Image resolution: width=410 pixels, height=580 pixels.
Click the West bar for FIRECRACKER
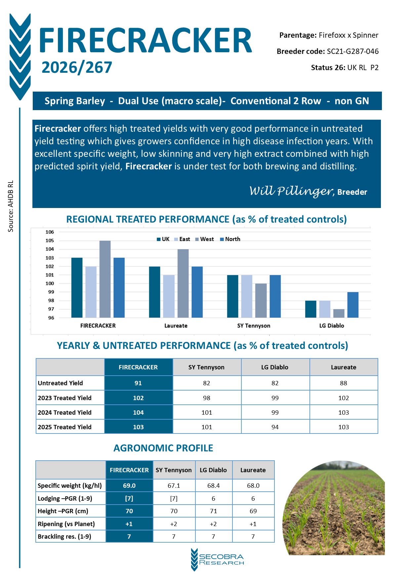105,279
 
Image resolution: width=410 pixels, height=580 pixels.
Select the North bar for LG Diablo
353,305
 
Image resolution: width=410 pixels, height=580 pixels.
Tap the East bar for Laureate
169,296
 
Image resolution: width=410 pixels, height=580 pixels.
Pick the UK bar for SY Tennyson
232,296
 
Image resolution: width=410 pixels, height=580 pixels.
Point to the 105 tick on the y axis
50,241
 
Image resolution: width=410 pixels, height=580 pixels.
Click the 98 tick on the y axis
51,301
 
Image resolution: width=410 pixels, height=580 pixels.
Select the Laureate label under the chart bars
176,326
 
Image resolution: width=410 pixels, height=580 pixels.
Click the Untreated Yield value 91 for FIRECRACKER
138,383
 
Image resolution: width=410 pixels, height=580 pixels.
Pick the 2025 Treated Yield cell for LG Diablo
275,427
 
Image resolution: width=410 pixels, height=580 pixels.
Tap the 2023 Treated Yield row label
65,398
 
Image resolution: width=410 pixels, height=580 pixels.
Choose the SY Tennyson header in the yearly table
206,367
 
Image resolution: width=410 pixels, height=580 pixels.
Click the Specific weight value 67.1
174,485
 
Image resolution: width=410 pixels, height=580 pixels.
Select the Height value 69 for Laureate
253,511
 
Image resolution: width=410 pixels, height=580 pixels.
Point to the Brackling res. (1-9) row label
64,536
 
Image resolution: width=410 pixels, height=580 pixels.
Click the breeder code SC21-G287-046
352,52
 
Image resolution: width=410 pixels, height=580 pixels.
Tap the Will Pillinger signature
291,191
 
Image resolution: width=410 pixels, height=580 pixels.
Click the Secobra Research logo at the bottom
217,559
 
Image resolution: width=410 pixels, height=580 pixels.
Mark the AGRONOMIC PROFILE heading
163,448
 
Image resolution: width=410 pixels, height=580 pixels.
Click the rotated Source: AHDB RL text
11,206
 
